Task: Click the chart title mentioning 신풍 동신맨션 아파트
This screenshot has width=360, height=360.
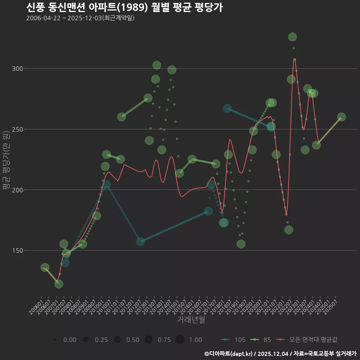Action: [124, 7]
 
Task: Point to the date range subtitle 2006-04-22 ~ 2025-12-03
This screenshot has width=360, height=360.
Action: [80, 18]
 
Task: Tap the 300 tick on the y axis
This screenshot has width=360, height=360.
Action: [18, 69]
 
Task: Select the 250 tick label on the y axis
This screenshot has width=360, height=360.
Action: [18, 129]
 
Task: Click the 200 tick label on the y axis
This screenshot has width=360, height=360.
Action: [18, 190]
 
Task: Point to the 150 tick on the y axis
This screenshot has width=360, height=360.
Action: [18, 250]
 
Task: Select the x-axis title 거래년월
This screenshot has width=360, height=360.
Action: [191, 320]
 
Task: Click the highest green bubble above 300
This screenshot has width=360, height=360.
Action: [292, 37]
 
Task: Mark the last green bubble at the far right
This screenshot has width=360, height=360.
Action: [341, 117]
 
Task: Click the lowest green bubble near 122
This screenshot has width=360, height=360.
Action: [59, 284]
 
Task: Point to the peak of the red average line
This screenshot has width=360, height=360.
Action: [295, 59]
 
